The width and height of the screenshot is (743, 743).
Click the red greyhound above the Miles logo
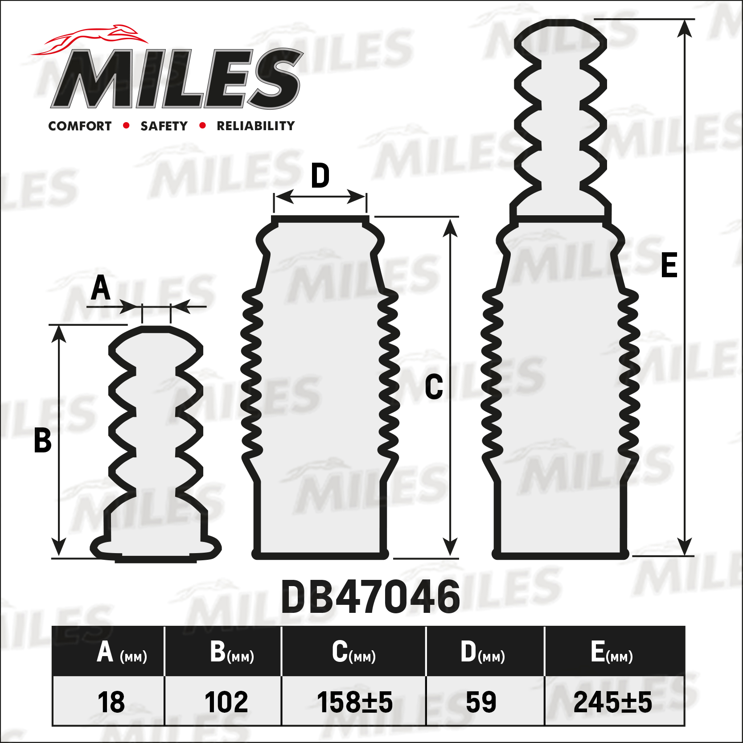(89, 39)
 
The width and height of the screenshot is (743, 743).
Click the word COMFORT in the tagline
(80, 126)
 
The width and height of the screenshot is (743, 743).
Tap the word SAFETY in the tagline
(164, 126)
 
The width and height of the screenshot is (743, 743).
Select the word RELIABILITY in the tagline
(256, 126)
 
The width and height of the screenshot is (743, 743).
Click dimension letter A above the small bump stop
(101, 288)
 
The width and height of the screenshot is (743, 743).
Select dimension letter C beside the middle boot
(434, 386)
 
